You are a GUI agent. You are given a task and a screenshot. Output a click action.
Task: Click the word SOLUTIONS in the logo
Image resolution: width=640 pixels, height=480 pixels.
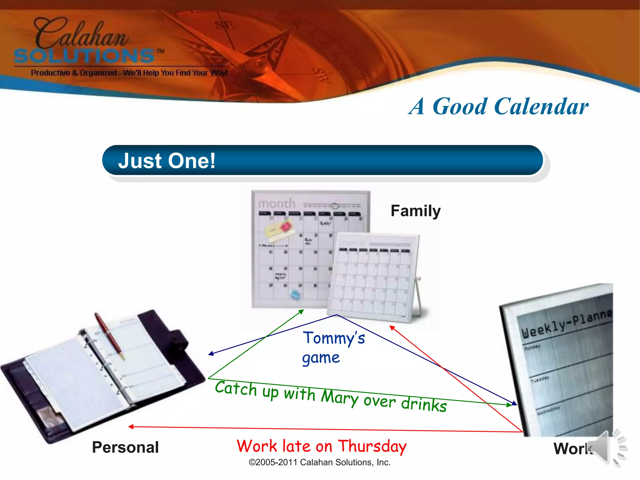[84, 56]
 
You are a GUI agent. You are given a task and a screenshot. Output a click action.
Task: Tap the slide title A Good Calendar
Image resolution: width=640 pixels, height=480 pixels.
[498, 106]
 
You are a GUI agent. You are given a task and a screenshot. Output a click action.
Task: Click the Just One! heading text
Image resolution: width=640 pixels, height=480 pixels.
[167, 161]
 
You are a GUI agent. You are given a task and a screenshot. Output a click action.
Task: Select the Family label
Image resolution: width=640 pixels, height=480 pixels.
[415, 211]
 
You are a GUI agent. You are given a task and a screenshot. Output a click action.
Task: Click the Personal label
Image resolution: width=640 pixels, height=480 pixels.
[125, 447]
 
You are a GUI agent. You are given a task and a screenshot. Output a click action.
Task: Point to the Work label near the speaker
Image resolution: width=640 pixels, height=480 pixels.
[572, 448]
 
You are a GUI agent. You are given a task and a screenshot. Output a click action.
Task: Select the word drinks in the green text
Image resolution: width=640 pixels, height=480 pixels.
[424, 404]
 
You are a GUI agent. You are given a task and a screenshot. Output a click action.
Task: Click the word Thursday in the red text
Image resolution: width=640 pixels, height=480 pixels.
[372, 446]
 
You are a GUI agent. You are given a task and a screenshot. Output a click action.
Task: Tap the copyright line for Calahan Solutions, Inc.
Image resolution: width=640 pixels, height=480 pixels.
[319, 462]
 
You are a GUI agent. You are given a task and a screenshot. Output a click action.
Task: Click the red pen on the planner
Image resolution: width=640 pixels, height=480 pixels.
[109, 336]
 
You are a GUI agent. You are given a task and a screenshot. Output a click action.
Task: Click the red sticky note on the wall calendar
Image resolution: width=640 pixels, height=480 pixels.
[285, 226]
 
